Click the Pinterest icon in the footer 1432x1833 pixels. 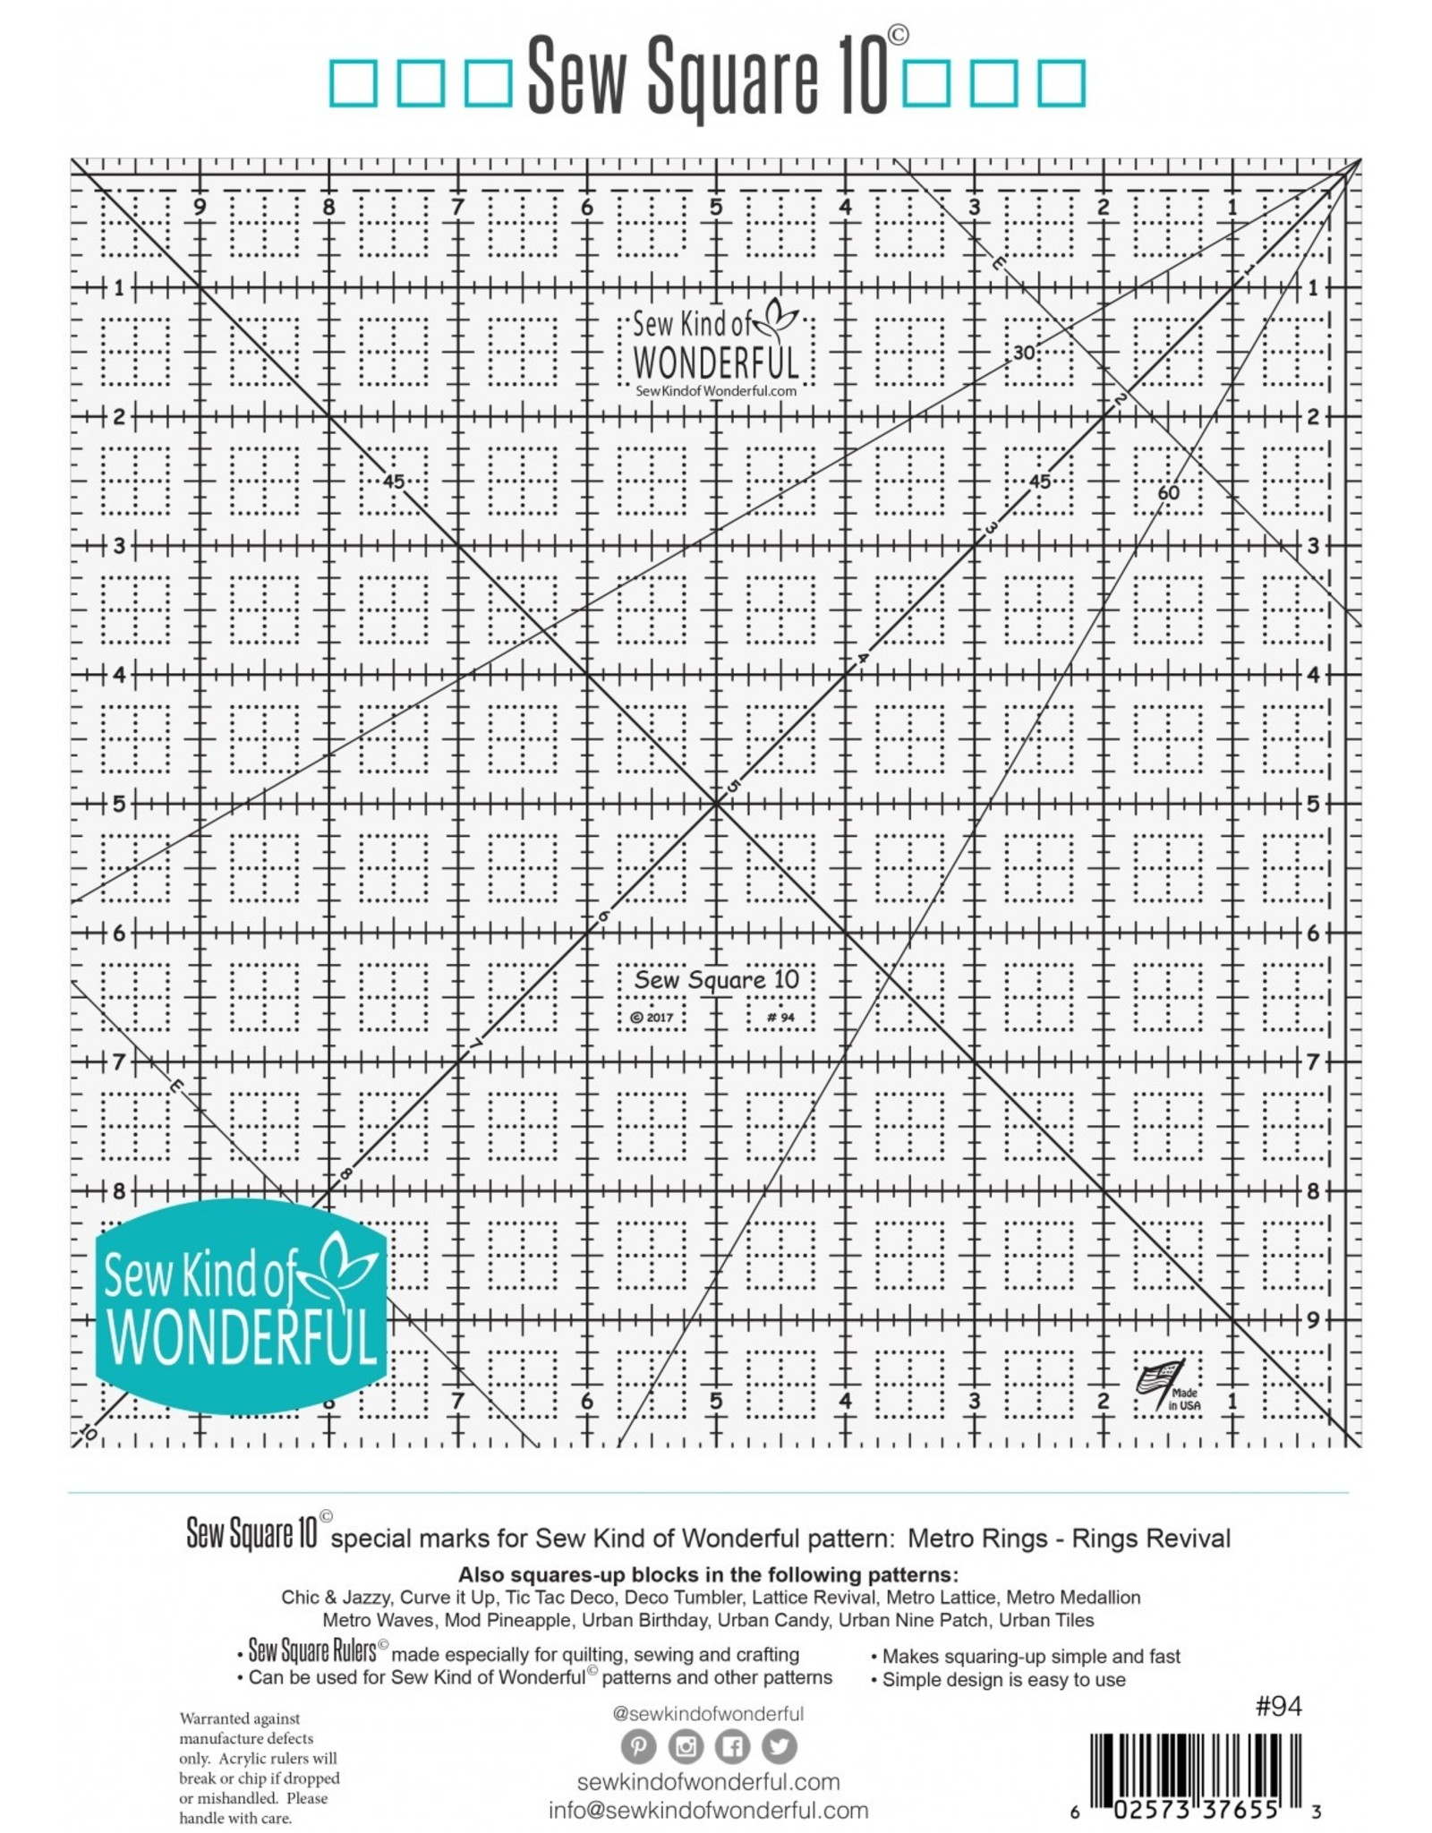[x=638, y=1746]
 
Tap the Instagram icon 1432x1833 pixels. [x=686, y=1746]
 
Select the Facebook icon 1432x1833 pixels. [x=732, y=1746]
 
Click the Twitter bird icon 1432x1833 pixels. [x=779, y=1746]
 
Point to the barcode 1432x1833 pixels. [x=1195, y=1765]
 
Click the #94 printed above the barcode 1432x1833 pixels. [x=1278, y=1707]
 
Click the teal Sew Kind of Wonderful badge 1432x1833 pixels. [x=241, y=1307]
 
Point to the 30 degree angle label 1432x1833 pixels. [x=1024, y=353]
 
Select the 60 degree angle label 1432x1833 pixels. [x=1168, y=492]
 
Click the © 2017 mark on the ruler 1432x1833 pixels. [x=652, y=1018]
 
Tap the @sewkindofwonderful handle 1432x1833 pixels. [x=708, y=1713]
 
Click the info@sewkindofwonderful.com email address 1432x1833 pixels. [x=708, y=1811]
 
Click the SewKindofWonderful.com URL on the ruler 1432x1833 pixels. [x=715, y=391]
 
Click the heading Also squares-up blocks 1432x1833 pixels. [x=707, y=1574]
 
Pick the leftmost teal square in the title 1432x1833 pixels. [x=353, y=82]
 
